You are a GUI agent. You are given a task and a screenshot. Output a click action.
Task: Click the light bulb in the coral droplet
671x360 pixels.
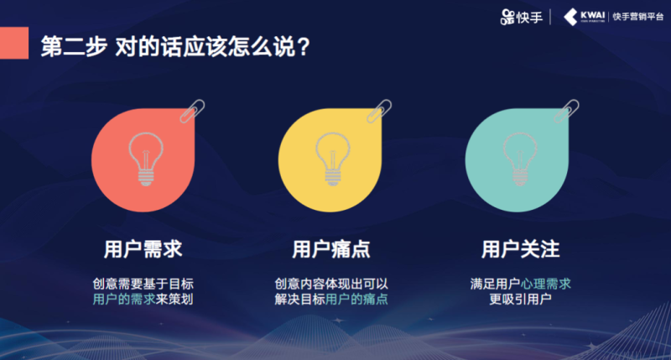point(144,156)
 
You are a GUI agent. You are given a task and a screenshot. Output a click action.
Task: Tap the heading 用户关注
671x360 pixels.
point(520,249)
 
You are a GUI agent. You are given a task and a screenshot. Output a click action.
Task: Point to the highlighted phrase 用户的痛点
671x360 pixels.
point(356,300)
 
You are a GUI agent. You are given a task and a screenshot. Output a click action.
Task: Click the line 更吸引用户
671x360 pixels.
point(520,300)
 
